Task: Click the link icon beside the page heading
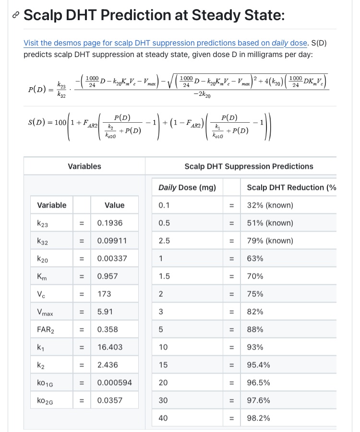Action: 16,15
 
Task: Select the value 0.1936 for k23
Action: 110,223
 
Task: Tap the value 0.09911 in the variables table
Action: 112,241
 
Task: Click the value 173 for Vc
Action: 104,294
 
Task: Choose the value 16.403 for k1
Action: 110,347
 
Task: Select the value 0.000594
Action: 114,383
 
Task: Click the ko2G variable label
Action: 46,400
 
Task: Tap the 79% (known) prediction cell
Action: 270,241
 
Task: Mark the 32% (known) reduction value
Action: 270,205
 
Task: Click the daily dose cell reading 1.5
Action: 164,276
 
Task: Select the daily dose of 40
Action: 163,418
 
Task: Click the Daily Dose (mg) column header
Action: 187,187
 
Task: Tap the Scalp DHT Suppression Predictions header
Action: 249,166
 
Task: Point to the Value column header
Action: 114,205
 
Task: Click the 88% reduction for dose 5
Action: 255,329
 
